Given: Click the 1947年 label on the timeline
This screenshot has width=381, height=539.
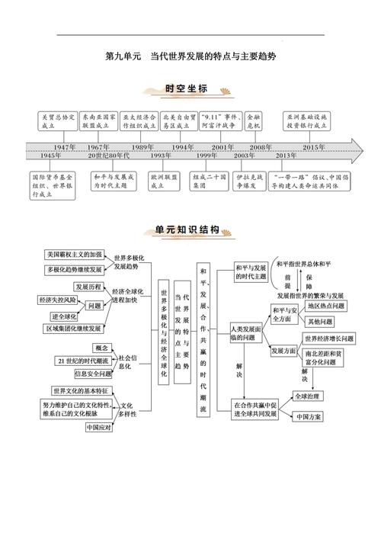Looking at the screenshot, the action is pyautogui.click(x=64, y=147).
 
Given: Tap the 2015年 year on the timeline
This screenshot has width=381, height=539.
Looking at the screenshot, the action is pyautogui.click(x=313, y=147).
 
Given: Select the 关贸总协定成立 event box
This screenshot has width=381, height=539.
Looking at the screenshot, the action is pyautogui.click(x=58, y=121).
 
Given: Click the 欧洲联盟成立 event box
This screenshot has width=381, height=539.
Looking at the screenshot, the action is pyautogui.click(x=164, y=181).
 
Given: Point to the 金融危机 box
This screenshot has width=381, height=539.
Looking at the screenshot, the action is pyautogui.click(x=254, y=121).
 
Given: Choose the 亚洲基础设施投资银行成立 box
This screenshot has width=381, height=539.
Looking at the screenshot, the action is pyautogui.click(x=306, y=121).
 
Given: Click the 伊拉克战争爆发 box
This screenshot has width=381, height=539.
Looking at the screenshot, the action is pyautogui.click(x=249, y=181).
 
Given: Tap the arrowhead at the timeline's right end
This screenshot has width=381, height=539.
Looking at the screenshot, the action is pyautogui.click(x=357, y=151).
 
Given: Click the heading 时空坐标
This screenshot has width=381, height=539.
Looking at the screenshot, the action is pyautogui.click(x=187, y=88).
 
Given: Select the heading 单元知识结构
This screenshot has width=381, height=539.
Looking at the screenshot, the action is pyautogui.click(x=187, y=229).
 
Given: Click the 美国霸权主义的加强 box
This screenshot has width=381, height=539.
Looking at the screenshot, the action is pyautogui.click(x=75, y=255).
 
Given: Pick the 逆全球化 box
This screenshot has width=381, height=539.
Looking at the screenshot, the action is pyautogui.click(x=64, y=316).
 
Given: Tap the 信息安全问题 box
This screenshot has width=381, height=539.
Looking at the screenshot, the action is pyautogui.click(x=93, y=374).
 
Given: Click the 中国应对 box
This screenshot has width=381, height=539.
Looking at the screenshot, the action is pyautogui.click(x=99, y=428).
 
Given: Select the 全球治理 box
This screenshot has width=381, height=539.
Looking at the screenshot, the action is pyautogui.click(x=308, y=396).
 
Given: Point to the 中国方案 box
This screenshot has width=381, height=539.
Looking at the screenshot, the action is pyautogui.click(x=308, y=417).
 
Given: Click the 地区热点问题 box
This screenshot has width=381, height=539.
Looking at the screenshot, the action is pyautogui.click(x=325, y=306).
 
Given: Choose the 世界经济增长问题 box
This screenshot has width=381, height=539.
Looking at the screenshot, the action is pyautogui.click(x=329, y=338).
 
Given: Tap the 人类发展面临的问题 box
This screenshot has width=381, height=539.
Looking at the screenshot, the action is pyautogui.click(x=246, y=333).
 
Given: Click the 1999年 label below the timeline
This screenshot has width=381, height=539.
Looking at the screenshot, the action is pyautogui.click(x=207, y=156).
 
